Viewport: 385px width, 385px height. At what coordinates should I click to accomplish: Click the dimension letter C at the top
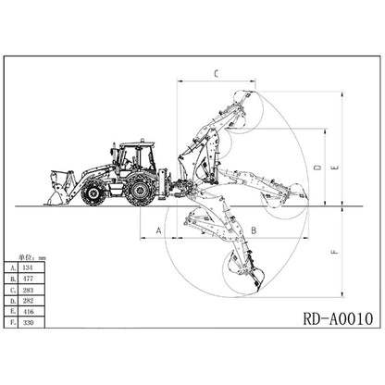tap(217, 73)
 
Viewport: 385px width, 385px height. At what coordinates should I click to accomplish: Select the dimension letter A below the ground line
tap(158, 230)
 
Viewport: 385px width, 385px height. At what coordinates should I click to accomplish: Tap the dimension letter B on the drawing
tap(254, 230)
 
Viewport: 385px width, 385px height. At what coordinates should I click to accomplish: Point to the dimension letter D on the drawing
tap(317, 168)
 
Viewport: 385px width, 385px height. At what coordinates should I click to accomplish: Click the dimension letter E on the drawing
tap(335, 168)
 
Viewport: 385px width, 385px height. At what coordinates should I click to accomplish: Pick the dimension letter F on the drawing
tap(334, 252)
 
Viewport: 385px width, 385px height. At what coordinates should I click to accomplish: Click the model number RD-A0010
tap(339, 318)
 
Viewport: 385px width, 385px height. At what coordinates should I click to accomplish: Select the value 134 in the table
tap(28, 267)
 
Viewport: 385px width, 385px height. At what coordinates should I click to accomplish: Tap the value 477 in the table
tap(28, 279)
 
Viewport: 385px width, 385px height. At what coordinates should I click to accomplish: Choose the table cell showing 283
tap(28, 290)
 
